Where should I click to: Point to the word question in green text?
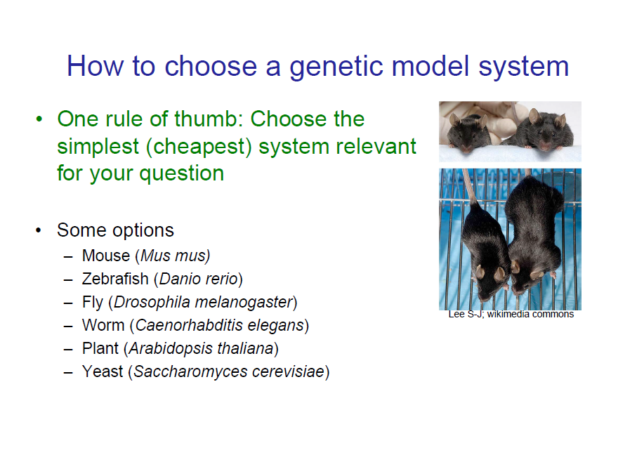[181, 173]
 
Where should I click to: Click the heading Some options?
[115, 230]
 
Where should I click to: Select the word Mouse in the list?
[106, 256]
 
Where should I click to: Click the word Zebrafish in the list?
[115, 279]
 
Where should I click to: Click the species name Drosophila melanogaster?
[202, 302]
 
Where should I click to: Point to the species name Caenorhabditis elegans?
[219, 325]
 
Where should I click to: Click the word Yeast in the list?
[103, 371]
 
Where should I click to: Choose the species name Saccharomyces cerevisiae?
[229, 371]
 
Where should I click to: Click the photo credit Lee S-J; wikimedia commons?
[511, 314]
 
